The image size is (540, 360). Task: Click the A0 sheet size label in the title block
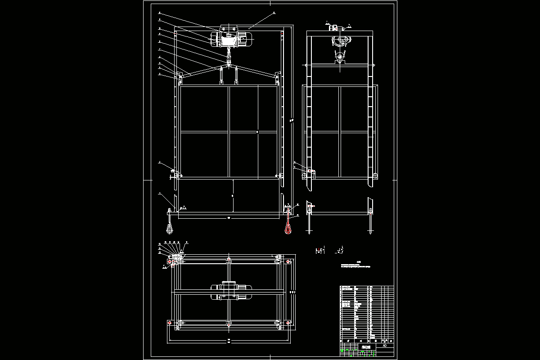384,346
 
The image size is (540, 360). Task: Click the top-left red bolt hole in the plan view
169,261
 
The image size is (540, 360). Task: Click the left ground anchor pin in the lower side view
310,224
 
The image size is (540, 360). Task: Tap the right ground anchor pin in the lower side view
370,224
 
